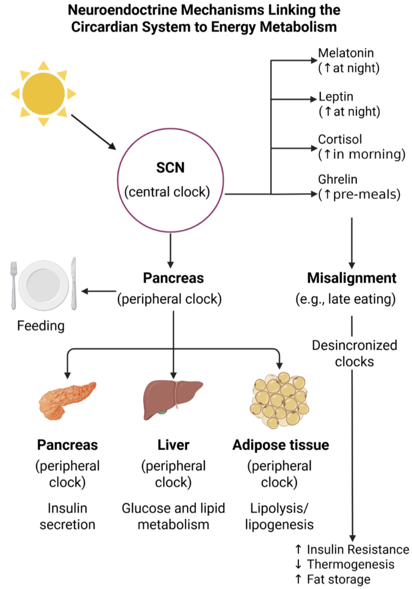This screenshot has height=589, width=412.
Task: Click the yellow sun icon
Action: click(44, 94)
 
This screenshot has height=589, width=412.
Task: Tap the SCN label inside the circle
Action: click(170, 168)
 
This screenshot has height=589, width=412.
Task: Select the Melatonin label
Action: click(346, 53)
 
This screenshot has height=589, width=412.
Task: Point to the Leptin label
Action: click(336, 97)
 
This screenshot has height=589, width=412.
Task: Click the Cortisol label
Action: click(340, 140)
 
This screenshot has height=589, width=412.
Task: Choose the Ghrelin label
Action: click(337, 179)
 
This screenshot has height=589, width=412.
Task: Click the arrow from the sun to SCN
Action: click(93, 132)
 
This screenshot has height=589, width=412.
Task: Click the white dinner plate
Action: click(44, 285)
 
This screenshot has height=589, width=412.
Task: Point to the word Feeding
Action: click(41, 326)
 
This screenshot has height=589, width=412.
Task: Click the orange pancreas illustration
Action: click(67, 400)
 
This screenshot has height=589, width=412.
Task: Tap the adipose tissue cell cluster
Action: click(279, 400)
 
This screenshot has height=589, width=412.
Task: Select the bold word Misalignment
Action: click(352, 278)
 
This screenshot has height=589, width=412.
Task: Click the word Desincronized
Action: click(354, 345)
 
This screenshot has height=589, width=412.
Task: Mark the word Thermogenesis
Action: click(350, 565)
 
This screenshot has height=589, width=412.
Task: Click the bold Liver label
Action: click(173, 445)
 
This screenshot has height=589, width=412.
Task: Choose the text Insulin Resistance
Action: click(358, 550)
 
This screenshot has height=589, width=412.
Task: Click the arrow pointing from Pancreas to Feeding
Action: click(99, 291)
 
